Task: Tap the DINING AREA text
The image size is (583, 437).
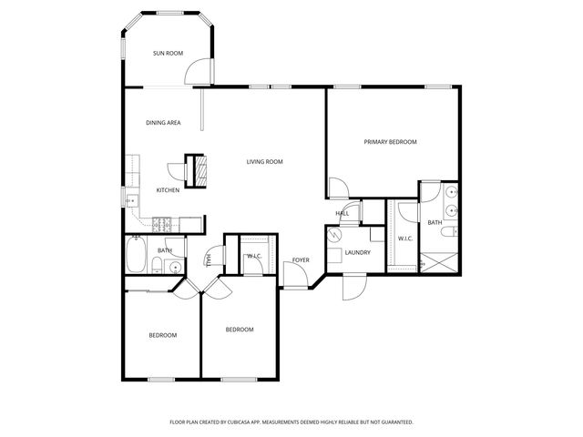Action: pos(163,122)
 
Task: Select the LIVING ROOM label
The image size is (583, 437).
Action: pos(265,162)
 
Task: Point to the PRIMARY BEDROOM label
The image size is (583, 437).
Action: pos(390,142)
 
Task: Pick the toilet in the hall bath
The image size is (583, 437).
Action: pos(158,267)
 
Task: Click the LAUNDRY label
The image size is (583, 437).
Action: pos(357,252)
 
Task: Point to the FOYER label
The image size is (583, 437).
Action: pos(301,260)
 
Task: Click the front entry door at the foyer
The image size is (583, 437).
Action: pos(295,279)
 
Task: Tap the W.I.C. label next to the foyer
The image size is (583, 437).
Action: pos(254,257)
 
